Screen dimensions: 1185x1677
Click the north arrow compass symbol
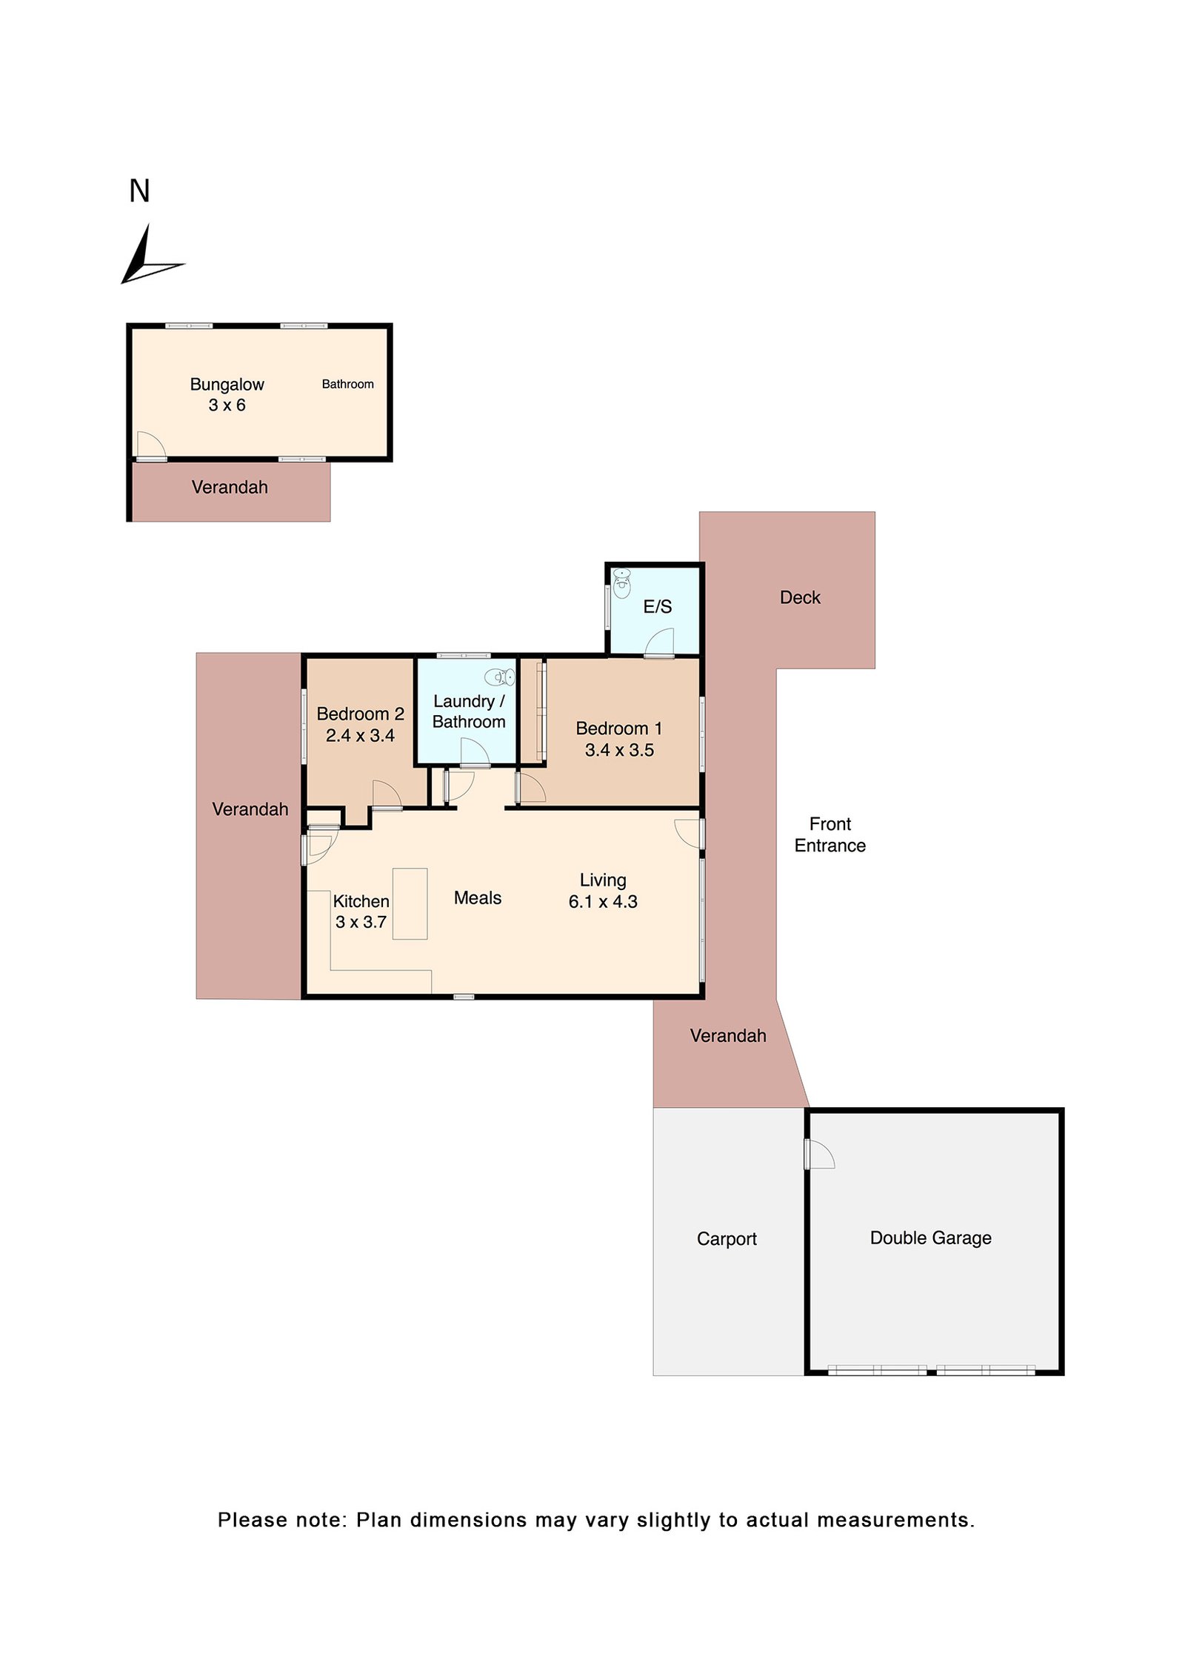pyautogui.click(x=148, y=259)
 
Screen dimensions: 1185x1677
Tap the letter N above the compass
pyautogui.click(x=139, y=190)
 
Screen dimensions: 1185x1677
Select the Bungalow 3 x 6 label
pyautogui.click(x=227, y=394)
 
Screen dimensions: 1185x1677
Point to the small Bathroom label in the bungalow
pyautogui.click(x=347, y=384)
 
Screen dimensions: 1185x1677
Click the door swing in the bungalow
pyautogui.click(x=151, y=445)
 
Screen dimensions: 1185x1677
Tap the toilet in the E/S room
pyautogui.click(x=622, y=582)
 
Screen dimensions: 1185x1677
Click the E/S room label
pyautogui.click(x=657, y=606)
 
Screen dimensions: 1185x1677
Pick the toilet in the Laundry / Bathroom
pyautogui.click(x=499, y=677)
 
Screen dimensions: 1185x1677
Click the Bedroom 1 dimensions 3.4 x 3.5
pyautogui.click(x=619, y=750)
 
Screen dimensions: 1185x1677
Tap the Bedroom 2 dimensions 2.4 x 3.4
pyautogui.click(x=360, y=735)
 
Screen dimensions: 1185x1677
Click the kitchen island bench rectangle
pyautogui.click(x=410, y=903)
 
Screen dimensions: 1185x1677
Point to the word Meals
pyautogui.click(x=478, y=897)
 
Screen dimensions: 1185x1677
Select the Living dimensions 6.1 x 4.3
pyautogui.click(x=603, y=901)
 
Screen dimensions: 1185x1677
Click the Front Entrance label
pyautogui.click(x=829, y=834)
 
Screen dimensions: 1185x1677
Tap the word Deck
pyautogui.click(x=800, y=597)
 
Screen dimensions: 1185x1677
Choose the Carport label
pyautogui.click(x=727, y=1238)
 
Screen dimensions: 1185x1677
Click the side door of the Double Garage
pyautogui.click(x=820, y=1154)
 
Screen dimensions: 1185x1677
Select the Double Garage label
pyautogui.click(x=930, y=1238)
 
